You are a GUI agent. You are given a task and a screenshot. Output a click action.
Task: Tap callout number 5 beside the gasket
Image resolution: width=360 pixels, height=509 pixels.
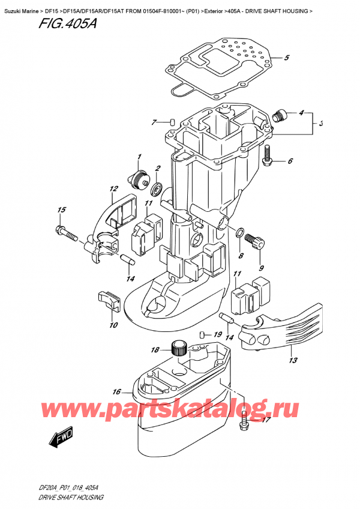coord(286,58)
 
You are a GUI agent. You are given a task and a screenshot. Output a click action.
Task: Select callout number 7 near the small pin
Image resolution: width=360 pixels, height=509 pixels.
coord(154,122)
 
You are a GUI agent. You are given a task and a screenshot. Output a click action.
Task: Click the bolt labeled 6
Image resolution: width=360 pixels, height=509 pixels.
coord(269,158)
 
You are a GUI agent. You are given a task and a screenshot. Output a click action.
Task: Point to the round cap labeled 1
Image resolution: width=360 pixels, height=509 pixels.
coord(142,178)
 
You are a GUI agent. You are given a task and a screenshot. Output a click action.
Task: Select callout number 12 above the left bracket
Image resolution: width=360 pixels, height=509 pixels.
coord(113,189)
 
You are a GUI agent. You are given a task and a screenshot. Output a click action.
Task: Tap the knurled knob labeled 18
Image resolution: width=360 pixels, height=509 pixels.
coord(176,346)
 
